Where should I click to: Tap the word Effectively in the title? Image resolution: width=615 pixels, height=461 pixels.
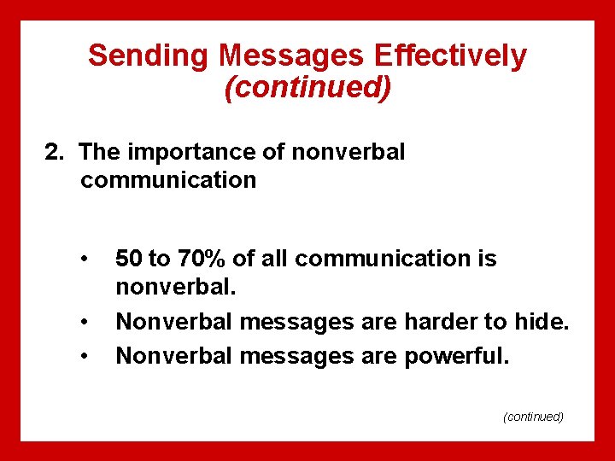[458, 55]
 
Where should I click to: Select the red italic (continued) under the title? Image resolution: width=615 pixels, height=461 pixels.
[307, 87]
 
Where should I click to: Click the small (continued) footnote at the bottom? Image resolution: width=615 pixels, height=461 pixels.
[534, 416]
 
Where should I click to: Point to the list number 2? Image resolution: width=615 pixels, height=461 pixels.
[54, 153]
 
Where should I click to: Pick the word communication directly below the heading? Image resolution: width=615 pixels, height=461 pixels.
[168, 180]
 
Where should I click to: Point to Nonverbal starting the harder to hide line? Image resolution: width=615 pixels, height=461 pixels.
[173, 322]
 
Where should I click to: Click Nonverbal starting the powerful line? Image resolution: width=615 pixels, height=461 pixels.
[173, 354]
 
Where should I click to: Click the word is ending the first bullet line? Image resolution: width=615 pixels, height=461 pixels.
[486, 259]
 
